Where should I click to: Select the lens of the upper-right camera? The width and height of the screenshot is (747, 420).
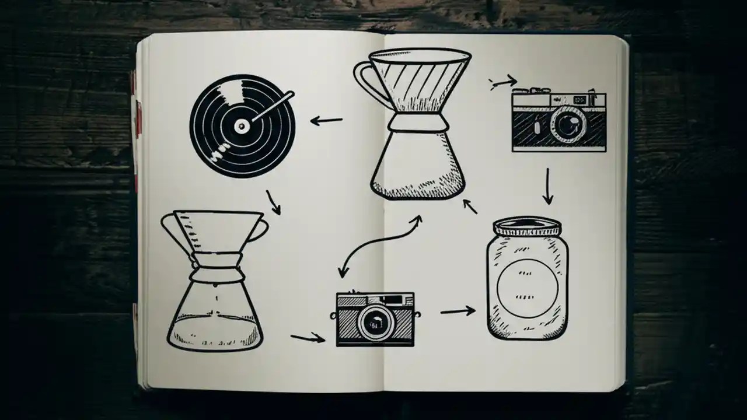click(567, 124)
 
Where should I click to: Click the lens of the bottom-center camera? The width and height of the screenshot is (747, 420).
click(375, 321)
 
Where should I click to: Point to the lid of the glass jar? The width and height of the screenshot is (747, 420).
click(527, 226)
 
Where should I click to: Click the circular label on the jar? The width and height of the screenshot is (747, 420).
click(527, 288)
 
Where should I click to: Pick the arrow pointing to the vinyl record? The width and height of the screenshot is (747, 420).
click(326, 121)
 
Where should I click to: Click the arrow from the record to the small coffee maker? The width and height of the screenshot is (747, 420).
click(273, 202)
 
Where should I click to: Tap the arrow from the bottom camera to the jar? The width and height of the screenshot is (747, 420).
click(458, 311)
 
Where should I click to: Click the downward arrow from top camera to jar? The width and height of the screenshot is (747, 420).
click(547, 186)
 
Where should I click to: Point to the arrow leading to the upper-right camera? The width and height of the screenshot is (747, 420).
click(503, 82)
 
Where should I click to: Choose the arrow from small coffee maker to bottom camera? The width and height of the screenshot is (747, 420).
click(308, 338)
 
